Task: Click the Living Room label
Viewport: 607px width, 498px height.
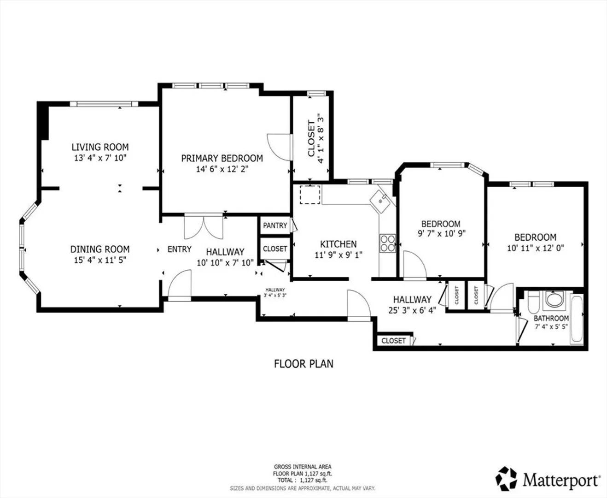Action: tap(100, 147)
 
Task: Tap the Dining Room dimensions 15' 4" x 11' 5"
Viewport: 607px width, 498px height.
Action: tap(100, 260)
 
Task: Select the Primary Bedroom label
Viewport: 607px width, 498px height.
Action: tap(222, 158)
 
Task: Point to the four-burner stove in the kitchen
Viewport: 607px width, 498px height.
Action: tap(387, 243)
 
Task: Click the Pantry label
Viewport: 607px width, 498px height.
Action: tap(275, 225)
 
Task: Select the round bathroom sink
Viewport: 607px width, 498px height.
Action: tap(554, 300)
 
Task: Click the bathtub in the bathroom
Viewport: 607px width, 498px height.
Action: tap(577, 319)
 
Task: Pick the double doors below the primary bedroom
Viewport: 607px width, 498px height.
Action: tap(204, 227)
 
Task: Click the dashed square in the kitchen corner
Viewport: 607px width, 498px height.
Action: tap(310, 195)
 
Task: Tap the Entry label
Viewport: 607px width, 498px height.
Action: tap(179, 249)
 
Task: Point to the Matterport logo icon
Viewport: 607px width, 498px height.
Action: tap(506, 479)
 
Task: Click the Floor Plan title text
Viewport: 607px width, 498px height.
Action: tap(303, 364)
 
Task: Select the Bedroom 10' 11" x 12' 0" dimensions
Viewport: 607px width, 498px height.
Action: tap(535, 248)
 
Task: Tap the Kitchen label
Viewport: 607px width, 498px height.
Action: tap(338, 244)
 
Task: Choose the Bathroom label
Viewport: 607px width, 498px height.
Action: tap(551, 318)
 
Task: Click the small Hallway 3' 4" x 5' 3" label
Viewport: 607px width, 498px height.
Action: tap(275, 292)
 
